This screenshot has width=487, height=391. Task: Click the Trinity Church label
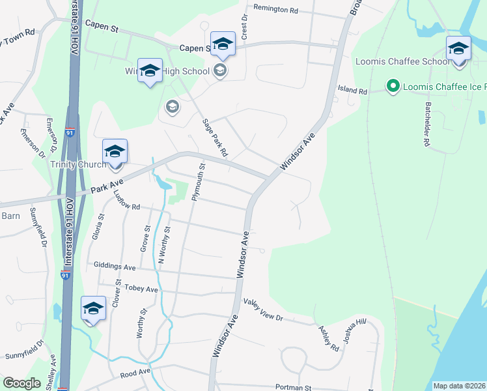point(77,164)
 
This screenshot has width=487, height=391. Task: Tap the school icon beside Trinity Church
point(115,152)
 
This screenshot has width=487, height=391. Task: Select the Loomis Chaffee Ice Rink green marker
point(393,86)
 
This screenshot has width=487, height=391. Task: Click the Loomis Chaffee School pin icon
point(458,50)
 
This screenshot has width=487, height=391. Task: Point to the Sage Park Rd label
point(214,137)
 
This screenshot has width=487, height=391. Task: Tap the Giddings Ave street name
point(115,267)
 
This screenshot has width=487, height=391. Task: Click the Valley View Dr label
point(263,310)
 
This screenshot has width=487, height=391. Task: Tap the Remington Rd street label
point(275,10)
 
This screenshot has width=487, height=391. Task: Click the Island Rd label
point(352,91)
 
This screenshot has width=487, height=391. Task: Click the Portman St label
point(294,386)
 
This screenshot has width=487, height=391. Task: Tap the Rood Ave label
point(136,372)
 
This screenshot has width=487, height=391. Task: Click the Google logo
point(21,383)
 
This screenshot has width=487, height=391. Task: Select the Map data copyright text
point(459,386)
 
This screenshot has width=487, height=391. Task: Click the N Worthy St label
point(164,245)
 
